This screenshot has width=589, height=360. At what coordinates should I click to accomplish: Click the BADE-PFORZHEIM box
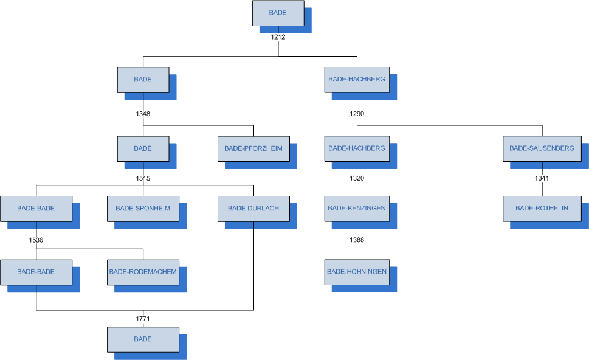point(253,148)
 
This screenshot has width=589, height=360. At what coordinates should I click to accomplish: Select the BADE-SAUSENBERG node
point(542,148)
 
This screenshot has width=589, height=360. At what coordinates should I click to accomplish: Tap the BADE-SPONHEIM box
point(143,209)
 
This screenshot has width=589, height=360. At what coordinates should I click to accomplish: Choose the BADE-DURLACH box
point(253,209)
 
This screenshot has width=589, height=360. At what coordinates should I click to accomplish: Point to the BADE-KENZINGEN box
point(357,209)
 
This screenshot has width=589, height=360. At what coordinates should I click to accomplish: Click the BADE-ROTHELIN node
point(542,209)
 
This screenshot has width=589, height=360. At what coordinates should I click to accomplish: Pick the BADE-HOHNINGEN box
point(357,272)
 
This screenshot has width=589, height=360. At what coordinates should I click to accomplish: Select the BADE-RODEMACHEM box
point(143,272)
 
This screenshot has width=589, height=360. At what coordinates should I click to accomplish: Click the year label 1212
point(278,36)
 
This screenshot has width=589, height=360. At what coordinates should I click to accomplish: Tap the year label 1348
point(143,114)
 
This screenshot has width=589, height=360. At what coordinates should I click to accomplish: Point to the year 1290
point(357,114)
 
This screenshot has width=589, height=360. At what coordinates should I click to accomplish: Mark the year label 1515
point(143,178)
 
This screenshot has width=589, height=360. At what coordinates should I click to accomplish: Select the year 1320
point(357,178)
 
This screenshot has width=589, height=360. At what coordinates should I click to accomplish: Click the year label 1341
point(542,178)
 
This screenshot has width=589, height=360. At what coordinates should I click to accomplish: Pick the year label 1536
point(36,240)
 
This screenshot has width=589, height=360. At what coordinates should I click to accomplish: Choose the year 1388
point(357,240)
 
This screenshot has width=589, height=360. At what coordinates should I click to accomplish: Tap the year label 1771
point(143,319)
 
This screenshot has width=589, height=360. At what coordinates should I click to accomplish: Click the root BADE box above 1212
point(278,13)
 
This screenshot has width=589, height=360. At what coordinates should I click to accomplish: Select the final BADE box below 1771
point(143,339)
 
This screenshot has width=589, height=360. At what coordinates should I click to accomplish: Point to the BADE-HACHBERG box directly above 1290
point(357,80)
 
